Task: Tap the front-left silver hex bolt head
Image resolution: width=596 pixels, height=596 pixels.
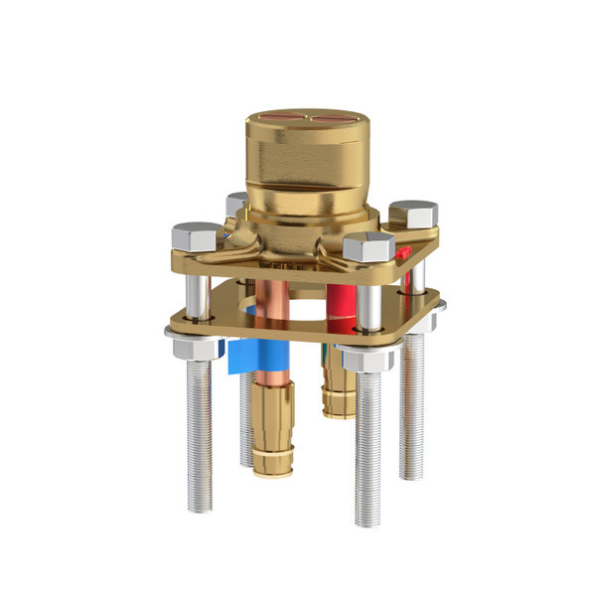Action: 197,236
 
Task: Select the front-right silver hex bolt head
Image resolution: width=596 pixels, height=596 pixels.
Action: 370,246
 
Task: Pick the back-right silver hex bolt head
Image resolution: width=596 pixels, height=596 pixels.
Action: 413,213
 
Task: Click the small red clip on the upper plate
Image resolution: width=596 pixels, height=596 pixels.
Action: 403,252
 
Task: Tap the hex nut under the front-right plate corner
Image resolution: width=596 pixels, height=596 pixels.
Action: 366,358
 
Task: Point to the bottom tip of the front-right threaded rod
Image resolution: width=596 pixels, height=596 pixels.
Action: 368,521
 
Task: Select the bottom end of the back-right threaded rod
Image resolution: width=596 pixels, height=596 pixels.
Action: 412,474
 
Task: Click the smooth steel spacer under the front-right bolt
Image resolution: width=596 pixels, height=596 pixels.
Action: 369,303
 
